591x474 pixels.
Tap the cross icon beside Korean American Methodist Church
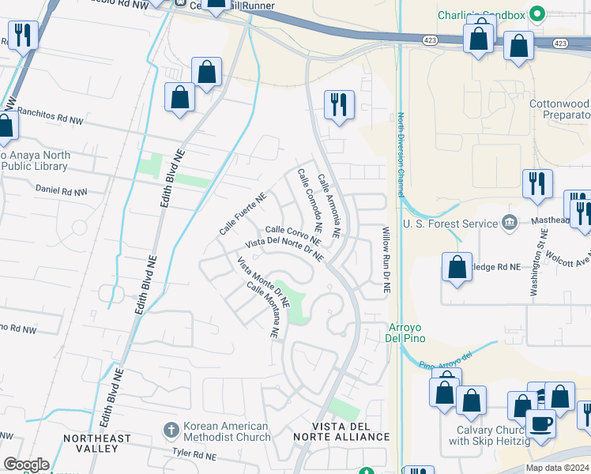click(171, 431)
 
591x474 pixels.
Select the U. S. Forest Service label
click(449, 223)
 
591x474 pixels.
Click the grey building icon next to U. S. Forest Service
click(510, 222)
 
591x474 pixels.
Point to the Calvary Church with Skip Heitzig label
click(497, 436)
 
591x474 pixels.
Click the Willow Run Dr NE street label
click(387, 261)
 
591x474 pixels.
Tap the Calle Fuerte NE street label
click(242, 216)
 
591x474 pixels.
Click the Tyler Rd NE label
click(194, 454)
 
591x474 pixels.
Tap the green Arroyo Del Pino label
click(406, 333)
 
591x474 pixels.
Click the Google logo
click(26, 465)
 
